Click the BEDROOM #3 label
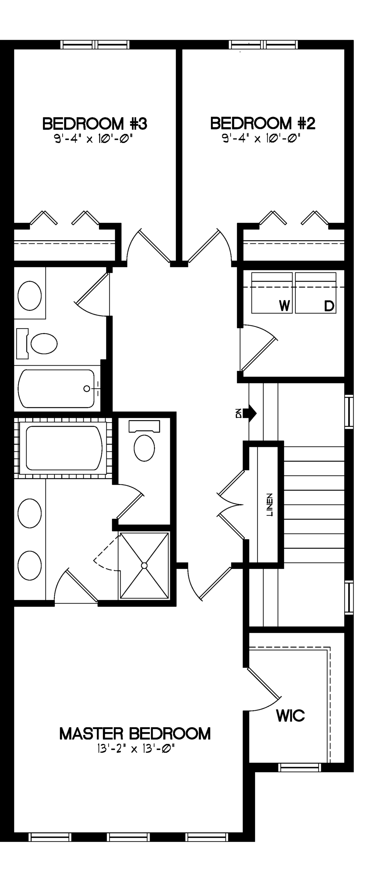pyautogui.click(x=95, y=124)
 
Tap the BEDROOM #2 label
pyautogui.click(x=263, y=123)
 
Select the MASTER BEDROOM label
pyautogui.click(x=135, y=734)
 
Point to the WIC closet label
pyautogui.click(x=290, y=716)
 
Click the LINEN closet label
pyautogui.click(x=270, y=505)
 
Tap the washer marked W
pyautogui.click(x=272, y=293)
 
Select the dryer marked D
pyautogui.click(x=315, y=293)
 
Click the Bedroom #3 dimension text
pyautogui.click(x=93, y=139)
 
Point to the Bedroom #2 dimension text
pyautogui.click(x=261, y=139)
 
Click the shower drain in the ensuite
pyautogui.click(x=144, y=566)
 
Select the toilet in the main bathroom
pyautogui.click(x=37, y=343)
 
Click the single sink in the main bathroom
pyautogui.click(x=30, y=296)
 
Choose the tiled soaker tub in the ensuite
pyautogui.click(x=63, y=448)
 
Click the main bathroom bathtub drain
pyautogui.click(x=87, y=389)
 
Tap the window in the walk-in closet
pyautogui.click(x=300, y=767)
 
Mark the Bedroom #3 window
pyautogui.click(x=95, y=44)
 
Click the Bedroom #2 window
pyautogui.click(x=263, y=44)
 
